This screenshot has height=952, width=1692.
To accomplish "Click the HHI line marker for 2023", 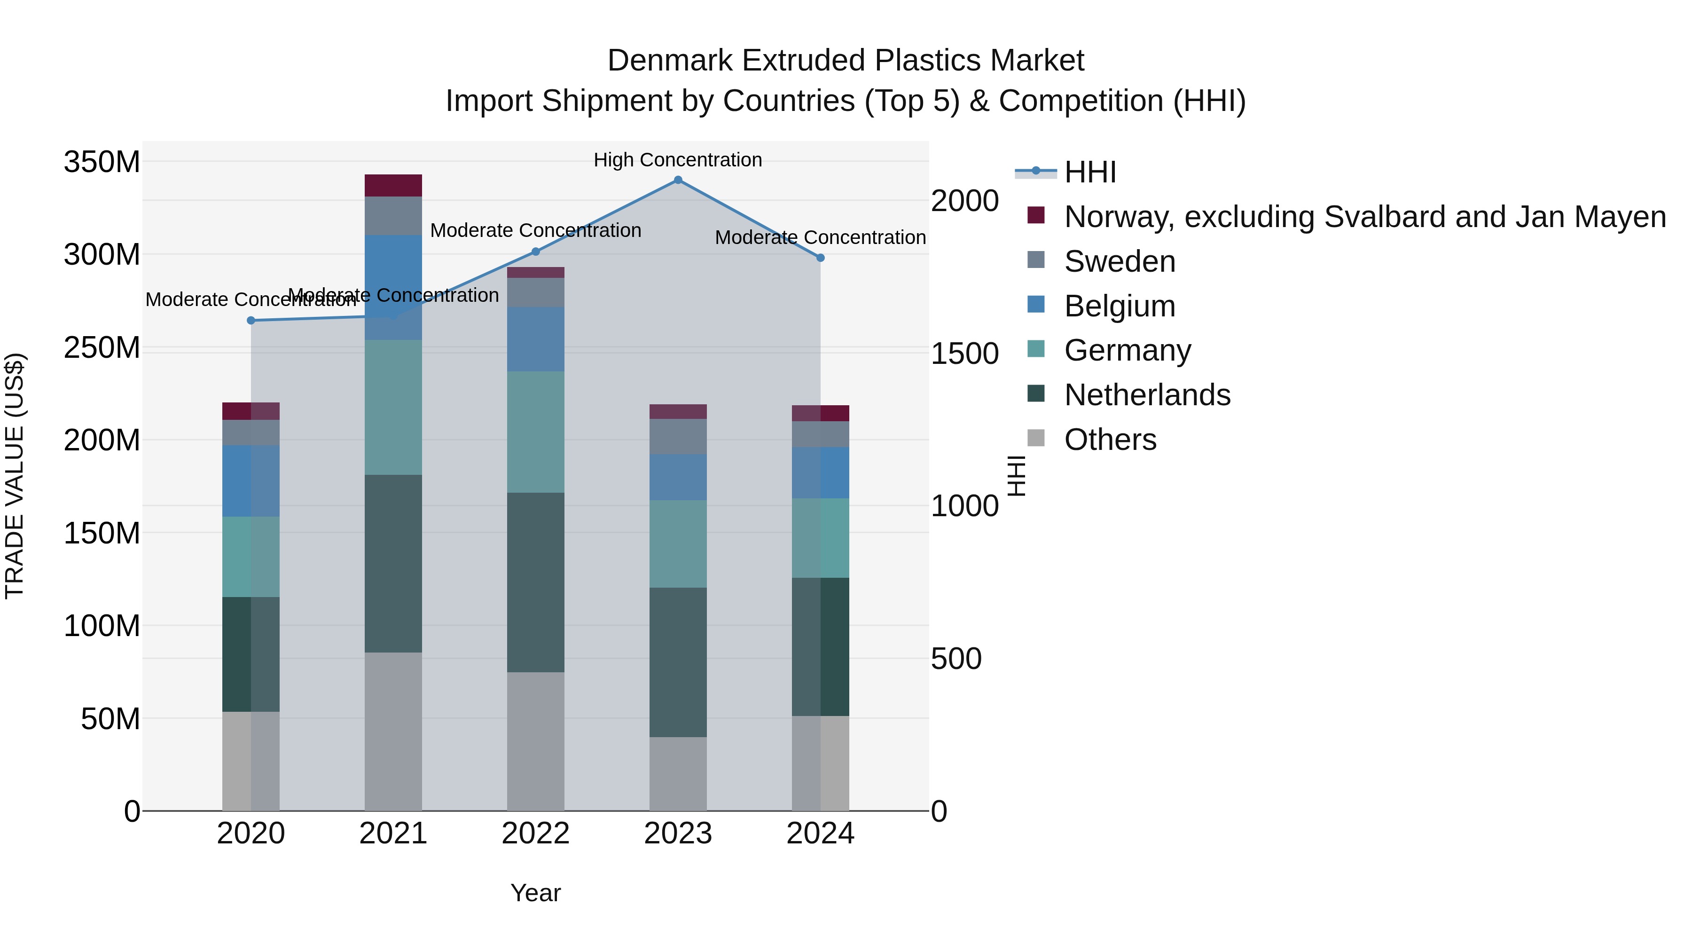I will [678, 180].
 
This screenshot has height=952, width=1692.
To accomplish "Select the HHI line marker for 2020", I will [251, 321].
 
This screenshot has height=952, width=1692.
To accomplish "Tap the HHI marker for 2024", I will [820, 258].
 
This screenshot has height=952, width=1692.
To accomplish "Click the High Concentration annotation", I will [678, 160].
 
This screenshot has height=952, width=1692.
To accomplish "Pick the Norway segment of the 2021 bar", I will [393, 186].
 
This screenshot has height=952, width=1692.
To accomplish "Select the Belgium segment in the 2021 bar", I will [393, 287].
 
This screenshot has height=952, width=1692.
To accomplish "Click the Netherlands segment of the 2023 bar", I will [678, 662].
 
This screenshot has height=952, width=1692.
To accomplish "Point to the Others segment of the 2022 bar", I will [535, 741].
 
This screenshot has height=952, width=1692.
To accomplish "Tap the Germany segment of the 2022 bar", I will [535, 433].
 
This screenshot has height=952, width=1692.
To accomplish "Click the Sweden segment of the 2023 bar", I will [678, 436].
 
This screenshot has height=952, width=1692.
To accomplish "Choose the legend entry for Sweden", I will [1119, 261].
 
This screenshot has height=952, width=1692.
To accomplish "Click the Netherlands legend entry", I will [1147, 395].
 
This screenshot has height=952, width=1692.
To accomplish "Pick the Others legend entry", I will [1110, 440].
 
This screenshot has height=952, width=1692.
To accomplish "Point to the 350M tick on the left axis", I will [102, 162].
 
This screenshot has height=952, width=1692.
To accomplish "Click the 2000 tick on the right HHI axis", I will [964, 201].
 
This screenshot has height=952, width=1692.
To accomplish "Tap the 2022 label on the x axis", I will [535, 834].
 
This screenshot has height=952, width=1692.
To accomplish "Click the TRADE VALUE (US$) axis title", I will [15, 476].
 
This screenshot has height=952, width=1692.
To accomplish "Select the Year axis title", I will [535, 893].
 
